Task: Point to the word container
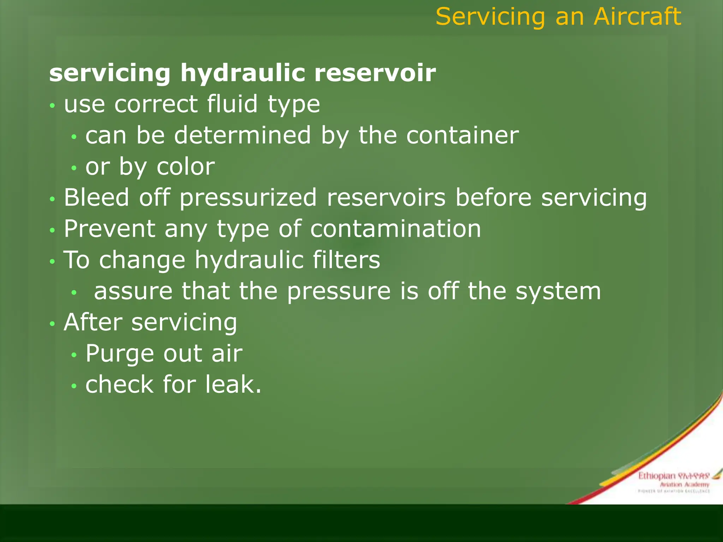tap(462, 135)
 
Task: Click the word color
tap(185, 167)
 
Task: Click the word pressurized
tap(248, 198)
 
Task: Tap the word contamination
tap(395, 229)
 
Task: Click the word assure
tap(133, 291)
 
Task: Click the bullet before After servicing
tap(52, 324)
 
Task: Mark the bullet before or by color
tap(74, 168)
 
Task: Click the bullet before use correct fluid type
tap(52, 106)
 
